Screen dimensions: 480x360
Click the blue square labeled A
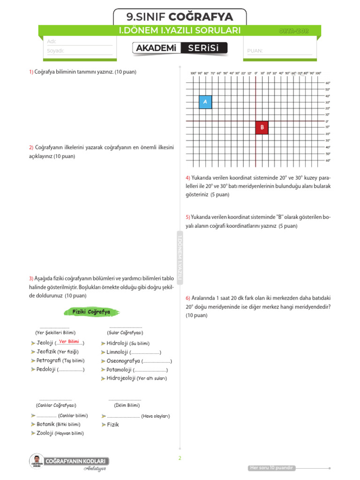(x=205, y=102)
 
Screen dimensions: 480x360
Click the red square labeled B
(x=262, y=127)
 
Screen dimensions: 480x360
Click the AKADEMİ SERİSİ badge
(x=180, y=48)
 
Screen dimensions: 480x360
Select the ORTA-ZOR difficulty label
(x=293, y=31)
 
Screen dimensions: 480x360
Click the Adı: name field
(x=80, y=42)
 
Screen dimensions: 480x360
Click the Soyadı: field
(x=80, y=51)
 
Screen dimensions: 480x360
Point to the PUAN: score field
(x=279, y=51)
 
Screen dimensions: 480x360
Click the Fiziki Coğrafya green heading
(x=91, y=312)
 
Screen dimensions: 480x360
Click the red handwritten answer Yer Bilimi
(x=69, y=342)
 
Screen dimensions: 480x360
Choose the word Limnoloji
(x=117, y=352)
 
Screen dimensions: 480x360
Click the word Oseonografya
(x=123, y=361)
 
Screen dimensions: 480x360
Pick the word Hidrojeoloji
(x=121, y=378)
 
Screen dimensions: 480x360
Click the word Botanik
(x=48, y=424)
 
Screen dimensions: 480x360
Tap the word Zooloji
(x=45, y=433)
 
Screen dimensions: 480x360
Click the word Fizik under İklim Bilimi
(x=112, y=425)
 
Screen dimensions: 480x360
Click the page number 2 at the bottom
(x=180, y=458)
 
